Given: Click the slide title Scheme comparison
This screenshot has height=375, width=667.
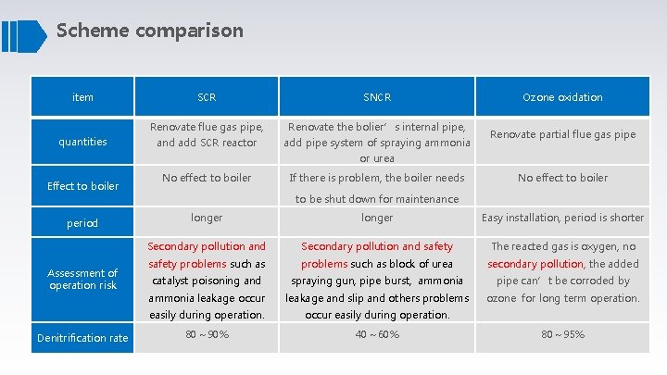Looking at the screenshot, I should (x=150, y=31).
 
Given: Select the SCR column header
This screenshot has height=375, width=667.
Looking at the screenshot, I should (x=207, y=97).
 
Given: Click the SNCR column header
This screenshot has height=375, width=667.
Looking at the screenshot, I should (x=377, y=97).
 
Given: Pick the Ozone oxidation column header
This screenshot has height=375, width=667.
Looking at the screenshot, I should (x=562, y=97).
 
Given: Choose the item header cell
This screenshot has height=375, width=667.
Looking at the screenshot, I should (x=82, y=97).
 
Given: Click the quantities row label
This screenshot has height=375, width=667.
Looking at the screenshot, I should (x=82, y=142).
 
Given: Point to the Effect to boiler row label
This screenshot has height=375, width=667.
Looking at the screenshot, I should (x=82, y=186).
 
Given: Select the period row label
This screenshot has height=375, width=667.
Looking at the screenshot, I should (x=82, y=223).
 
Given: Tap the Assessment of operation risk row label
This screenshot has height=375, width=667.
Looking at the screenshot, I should (x=82, y=279).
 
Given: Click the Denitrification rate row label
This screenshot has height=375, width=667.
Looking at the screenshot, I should (x=82, y=338).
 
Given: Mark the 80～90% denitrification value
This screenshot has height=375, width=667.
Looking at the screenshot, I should (x=207, y=334).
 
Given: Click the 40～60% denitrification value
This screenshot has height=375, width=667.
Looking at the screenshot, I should (x=377, y=334).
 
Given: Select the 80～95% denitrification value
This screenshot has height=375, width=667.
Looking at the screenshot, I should (x=562, y=334).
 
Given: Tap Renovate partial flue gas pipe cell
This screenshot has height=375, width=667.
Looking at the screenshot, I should (x=562, y=134).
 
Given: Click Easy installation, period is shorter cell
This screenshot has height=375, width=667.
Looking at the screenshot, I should (x=562, y=218).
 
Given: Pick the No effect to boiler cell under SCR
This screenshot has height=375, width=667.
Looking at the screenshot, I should (x=207, y=177).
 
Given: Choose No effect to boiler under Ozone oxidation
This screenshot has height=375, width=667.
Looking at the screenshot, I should (x=562, y=177).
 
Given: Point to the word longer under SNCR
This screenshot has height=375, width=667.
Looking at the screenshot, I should (x=377, y=218).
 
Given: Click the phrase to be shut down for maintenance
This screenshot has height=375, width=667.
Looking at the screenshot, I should (x=377, y=199).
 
